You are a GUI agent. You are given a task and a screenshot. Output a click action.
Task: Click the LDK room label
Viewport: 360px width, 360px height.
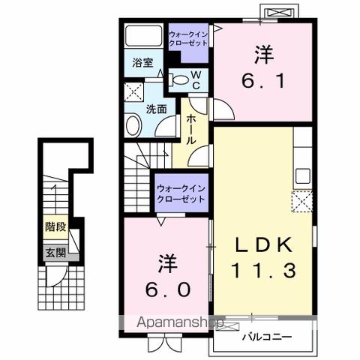262,247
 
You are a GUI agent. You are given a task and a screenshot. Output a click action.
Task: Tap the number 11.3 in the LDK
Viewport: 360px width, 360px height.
262,271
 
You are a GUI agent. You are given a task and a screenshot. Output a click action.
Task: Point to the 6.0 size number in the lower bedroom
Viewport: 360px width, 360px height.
167,289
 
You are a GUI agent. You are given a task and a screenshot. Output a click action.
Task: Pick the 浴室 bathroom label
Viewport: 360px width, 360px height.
143,63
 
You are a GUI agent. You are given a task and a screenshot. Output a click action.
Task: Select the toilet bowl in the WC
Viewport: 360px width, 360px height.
178,78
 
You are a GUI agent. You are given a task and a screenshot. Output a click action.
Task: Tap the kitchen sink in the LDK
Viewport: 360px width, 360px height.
302,175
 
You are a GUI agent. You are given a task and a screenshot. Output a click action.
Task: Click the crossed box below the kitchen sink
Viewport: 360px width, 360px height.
303,200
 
